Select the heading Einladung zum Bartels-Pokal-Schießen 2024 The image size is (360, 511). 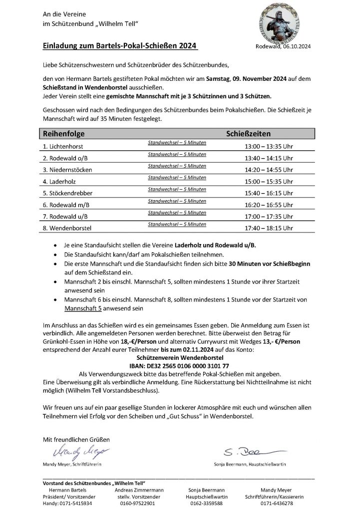pyautogui.click(x=120, y=46)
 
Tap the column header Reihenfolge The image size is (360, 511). pyautogui.click(x=64, y=134)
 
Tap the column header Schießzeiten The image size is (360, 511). pyautogui.click(x=249, y=134)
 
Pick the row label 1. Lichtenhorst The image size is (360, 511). pyautogui.click(x=63, y=147)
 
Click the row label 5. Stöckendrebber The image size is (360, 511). pyautogui.click(x=67, y=193)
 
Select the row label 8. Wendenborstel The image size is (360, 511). pyautogui.click(x=66, y=228)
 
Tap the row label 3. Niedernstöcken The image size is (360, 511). pyautogui.click(x=67, y=170)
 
